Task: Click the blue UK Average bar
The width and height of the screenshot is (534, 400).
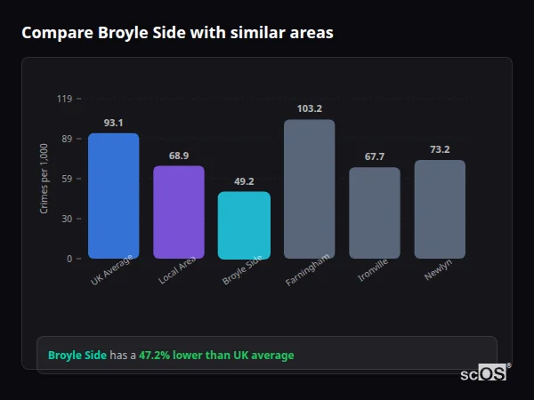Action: (x=113, y=196)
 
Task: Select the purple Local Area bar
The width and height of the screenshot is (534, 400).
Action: (x=179, y=212)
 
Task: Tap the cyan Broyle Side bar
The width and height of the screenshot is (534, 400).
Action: (x=244, y=225)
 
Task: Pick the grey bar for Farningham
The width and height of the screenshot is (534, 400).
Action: (x=309, y=188)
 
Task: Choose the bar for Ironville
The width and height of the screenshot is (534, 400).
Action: (x=375, y=212)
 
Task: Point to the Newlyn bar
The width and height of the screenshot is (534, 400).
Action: (x=440, y=209)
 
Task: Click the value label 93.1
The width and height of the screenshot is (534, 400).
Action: (x=113, y=123)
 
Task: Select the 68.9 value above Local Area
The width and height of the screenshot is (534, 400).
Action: (x=179, y=156)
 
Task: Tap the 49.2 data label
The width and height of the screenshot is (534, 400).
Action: (x=244, y=181)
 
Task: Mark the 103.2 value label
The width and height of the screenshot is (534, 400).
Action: (x=309, y=108)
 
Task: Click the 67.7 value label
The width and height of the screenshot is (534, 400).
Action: (x=375, y=156)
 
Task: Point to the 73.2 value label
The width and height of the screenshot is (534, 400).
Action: (x=440, y=149)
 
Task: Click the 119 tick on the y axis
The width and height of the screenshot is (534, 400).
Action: (x=64, y=99)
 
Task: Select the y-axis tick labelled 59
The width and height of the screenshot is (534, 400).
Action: (x=67, y=179)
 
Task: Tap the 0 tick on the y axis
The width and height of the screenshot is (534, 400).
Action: (x=69, y=259)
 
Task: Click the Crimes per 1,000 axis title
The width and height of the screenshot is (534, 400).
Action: (x=44, y=179)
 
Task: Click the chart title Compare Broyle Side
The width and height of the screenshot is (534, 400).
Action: (x=177, y=33)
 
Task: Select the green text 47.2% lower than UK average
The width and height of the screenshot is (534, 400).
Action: (x=215, y=356)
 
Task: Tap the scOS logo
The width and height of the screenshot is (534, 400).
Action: (x=484, y=374)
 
